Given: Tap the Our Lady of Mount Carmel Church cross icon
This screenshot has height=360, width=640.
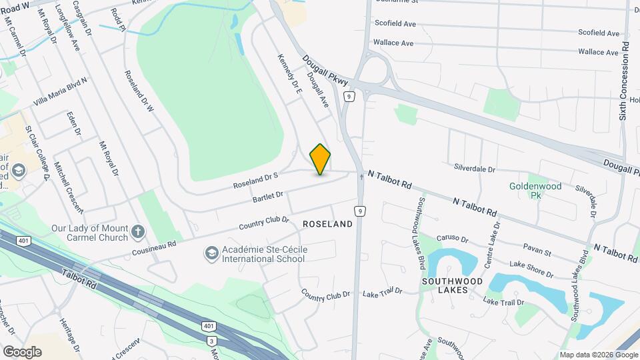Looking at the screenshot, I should pyautogui.click(x=138, y=231).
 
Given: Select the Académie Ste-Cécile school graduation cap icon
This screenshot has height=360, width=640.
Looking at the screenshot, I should pyautogui.click(x=211, y=254).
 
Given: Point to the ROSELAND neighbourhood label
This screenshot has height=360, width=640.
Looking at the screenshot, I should pyautogui.click(x=327, y=225).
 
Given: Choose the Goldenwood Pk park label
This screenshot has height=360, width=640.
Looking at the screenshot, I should pyautogui.click(x=535, y=191).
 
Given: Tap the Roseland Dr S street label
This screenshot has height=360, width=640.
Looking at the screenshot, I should pyautogui.click(x=255, y=179).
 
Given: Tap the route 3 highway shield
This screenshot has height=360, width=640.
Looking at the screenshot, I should pyautogui.click(x=213, y=341).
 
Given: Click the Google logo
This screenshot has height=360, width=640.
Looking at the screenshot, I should pyautogui.click(x=22, y=351).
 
